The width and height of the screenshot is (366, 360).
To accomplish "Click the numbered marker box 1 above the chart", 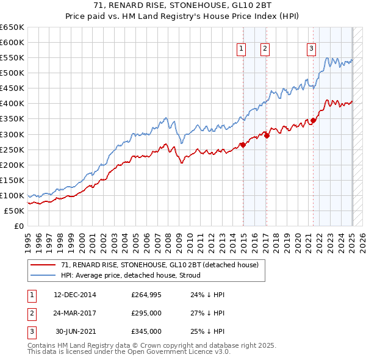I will pos(242,49).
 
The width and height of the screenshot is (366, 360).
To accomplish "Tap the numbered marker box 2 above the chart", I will pos(266,49).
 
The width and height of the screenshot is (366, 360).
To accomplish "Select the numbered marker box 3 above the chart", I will pos(312,49).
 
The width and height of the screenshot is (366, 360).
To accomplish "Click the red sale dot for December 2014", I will pos(243,145).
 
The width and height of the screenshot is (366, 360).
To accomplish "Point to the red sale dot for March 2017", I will pos(267,135).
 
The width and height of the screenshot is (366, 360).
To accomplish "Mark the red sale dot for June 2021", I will pos(314,120).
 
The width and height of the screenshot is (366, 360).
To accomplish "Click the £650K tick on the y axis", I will pos(12,27).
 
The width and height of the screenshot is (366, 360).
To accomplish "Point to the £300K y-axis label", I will pos(12,134).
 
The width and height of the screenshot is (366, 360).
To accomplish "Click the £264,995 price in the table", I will pos(146,295).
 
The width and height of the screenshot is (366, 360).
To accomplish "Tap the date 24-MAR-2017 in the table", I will pos(75,313).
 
